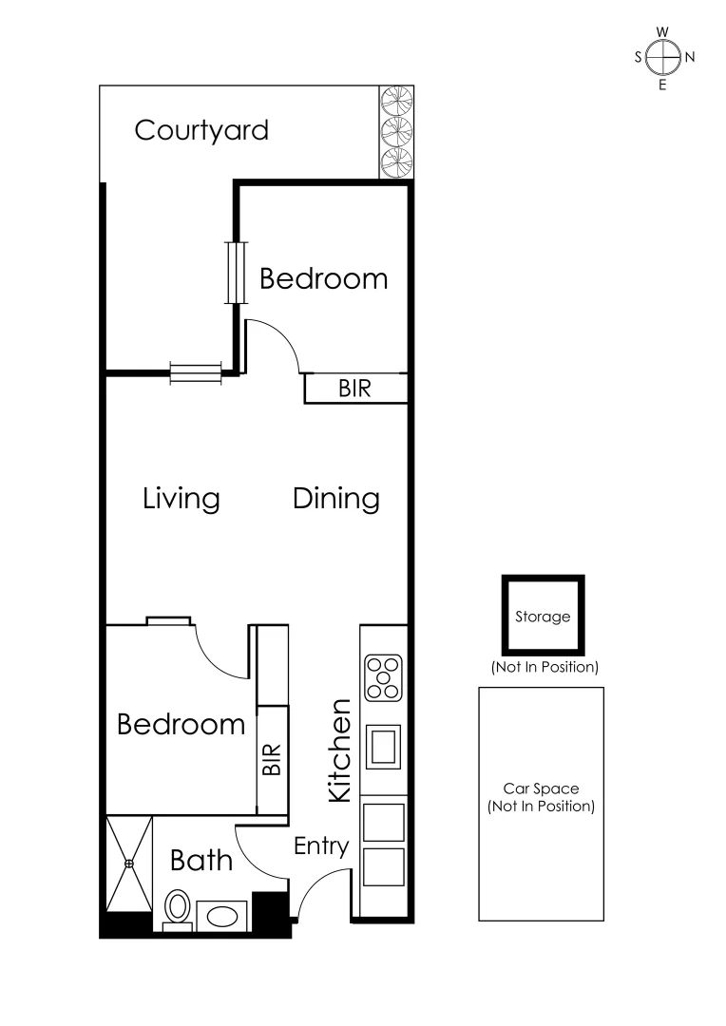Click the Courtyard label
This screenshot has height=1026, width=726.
coord(201,130)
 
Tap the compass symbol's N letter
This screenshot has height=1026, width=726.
coord(690,57)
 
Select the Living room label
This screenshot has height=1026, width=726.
coord(181,498)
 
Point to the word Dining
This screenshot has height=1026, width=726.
coord(336,498)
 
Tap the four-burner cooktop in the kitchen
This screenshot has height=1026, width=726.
coord(383,678)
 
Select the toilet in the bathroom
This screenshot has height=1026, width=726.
coord(177,906)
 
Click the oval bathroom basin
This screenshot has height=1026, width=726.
coord(224,916)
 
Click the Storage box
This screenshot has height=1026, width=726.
coord(543,616)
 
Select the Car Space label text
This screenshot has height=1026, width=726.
coord(541,798)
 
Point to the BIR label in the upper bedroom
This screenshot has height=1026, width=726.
coord(354,389)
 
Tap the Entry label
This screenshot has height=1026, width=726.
coord(321,846)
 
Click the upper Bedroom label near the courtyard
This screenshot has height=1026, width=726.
coord(324,278)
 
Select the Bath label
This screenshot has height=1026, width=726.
coord(201,861)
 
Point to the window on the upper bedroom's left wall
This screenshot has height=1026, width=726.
coord(236,272)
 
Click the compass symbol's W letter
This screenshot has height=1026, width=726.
coord(662,31)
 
